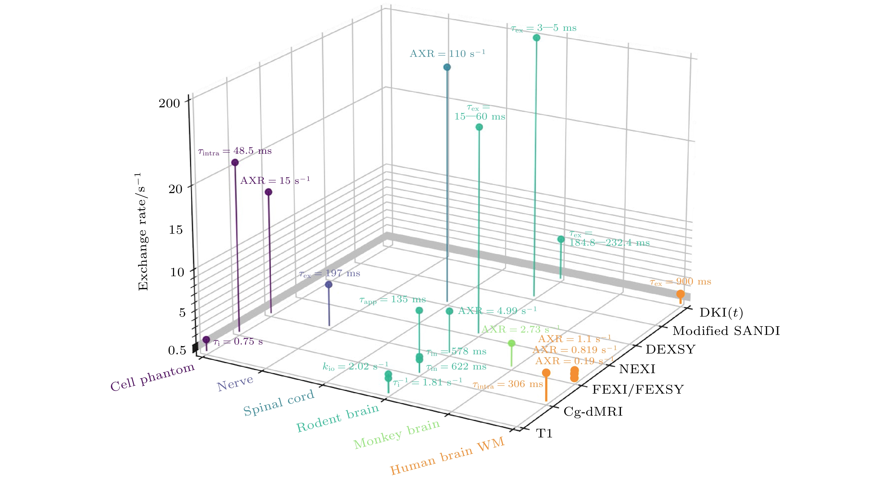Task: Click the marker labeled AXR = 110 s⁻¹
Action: [447, 67]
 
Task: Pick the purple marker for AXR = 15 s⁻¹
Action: [269, 192]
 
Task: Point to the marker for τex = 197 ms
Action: [329, 284]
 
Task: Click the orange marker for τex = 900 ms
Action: [680, 294]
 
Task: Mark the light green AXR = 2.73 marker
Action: [511, 343]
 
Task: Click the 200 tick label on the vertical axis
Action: [169, 103]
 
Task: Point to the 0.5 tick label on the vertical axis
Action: [177, 350]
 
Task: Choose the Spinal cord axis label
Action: [278, 403]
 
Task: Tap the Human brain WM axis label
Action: [447, 456]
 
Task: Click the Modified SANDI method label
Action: [726, 331]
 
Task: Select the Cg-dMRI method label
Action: [593, 411]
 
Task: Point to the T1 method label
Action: [544, 433]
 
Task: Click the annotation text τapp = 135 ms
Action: [392, 300]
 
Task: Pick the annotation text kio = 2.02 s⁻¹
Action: [355, 366]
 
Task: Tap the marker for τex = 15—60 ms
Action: [479, 127]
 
